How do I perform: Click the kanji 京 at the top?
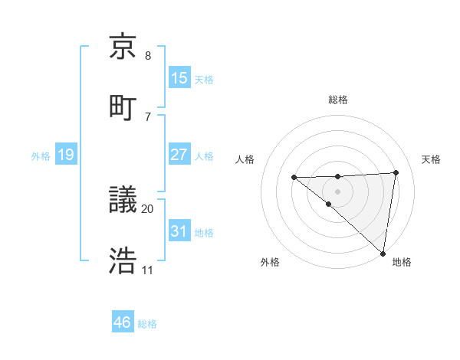[x=123, y=47]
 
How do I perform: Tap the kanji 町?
[x=123, y=107]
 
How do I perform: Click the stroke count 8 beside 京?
[x=148, y=56]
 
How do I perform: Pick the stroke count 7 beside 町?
[x=148, y=116]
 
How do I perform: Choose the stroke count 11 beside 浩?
[x=148, y=270]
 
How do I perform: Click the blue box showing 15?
[x=179, y=77]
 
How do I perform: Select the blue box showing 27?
[x=179, y=155]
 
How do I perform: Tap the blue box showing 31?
[x=179, y=231]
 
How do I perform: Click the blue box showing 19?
[x=66, y=155]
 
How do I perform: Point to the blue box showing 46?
[x=123, y=322]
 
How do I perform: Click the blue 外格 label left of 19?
[x=41, y=156]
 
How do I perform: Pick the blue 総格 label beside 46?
[x=147, y=324]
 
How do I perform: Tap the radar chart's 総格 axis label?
[x=338, y=100]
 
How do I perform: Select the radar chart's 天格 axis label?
[x=431, y=159]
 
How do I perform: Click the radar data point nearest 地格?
[x=383, y=253]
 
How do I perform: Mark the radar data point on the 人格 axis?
[x=294, y=178]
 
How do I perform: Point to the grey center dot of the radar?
[x=338, y=191]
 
